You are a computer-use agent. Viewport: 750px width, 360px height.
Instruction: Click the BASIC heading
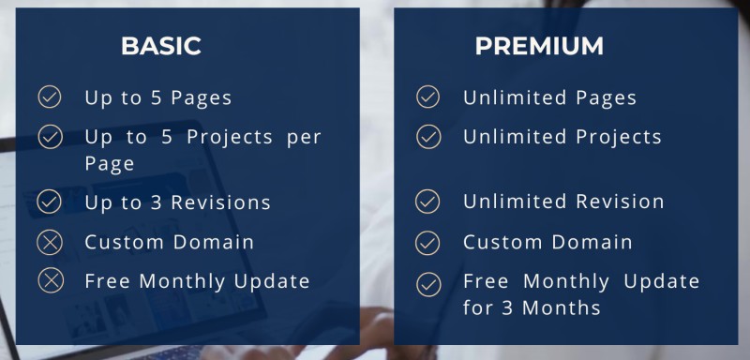coord(161,46)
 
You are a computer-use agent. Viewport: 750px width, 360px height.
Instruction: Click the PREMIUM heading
coord(539,46)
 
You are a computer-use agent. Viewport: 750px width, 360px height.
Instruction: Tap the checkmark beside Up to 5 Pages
coord(50,97)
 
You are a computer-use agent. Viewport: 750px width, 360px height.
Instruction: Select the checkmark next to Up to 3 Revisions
coord(50,202)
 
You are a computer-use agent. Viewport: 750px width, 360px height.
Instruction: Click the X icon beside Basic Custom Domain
coord(50,242)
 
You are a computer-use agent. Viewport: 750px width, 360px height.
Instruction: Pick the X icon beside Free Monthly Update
coord(51,280)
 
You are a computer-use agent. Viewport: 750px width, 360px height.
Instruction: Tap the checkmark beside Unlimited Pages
coord(428,97)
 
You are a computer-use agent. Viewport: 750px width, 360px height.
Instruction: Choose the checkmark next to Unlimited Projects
coord(428,137)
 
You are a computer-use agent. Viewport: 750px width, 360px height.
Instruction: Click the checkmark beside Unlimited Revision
coord(427,202)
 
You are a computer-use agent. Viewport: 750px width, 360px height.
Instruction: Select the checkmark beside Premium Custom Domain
coord(427,243)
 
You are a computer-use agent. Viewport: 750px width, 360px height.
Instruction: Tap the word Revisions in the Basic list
coord(221,202)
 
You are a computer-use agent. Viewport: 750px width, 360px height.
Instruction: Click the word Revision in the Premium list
coord(620,202)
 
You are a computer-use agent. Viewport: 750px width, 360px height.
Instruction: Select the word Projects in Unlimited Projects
coord(619,137)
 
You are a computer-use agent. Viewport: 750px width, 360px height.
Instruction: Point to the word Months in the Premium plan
coord(561,307)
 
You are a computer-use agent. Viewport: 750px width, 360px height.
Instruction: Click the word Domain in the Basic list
coord(214,242)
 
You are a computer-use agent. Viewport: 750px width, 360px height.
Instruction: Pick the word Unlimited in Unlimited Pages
coord(515,97)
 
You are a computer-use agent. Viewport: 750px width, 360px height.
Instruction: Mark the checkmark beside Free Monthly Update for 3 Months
coord(428,284)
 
